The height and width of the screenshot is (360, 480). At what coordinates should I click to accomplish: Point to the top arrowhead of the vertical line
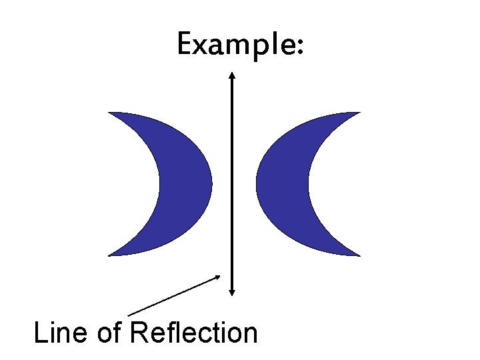pyautogui.click(x=231, y=75)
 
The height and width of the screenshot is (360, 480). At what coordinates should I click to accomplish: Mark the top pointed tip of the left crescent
pyautogui.click(x=110, y=113)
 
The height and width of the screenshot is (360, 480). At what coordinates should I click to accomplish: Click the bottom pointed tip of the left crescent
pyautogui.click(x=110, y=255)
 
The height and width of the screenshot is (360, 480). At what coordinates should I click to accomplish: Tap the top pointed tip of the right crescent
pyautogui.click(x=358, y=113)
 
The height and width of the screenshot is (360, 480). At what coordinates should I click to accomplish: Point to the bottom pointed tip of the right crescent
pyautogui.click(x=358, y=255)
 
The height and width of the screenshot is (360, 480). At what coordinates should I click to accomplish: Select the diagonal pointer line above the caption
pyautogui.click(x=173, y=295)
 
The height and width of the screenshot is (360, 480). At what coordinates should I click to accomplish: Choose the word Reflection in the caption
pyautogui.click(x=194, y=332)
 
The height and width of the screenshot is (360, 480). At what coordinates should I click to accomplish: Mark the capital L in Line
pyautogui.click(x=39, y=332)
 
